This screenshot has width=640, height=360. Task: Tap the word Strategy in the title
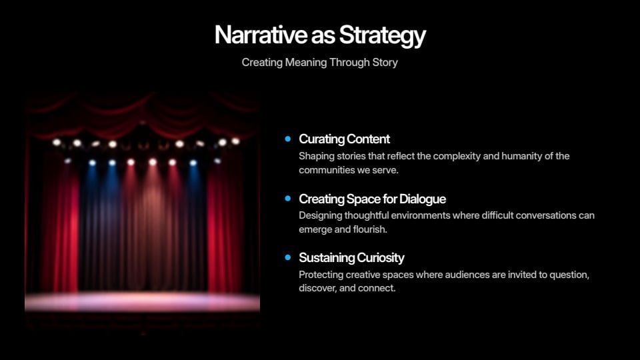pyautogui.click(x=383, y=36)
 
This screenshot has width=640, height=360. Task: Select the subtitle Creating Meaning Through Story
pyautogui.click(x=319, y=63)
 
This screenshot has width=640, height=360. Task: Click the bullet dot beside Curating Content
pyautogui.click(x=288, y=139)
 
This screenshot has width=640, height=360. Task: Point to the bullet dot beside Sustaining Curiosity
pyautogui.click(x=288, y=257)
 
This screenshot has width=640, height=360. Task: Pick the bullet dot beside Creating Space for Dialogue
pyautogui.click(x=288, y=199)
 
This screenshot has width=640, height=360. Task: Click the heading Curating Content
pyautogui.click(x=344, y=139)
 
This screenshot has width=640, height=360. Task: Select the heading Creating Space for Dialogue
pyautogui.click(x=372, y=199)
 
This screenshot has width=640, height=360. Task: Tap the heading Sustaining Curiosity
pyautogui.click(x=351, y=258)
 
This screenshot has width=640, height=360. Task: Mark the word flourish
pyautogui.click(x=370, y=229)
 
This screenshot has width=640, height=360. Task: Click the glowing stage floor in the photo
pyautogui.click(x=142, y=302)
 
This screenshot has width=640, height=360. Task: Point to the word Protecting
pyautogui.click(x=321, y=275)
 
